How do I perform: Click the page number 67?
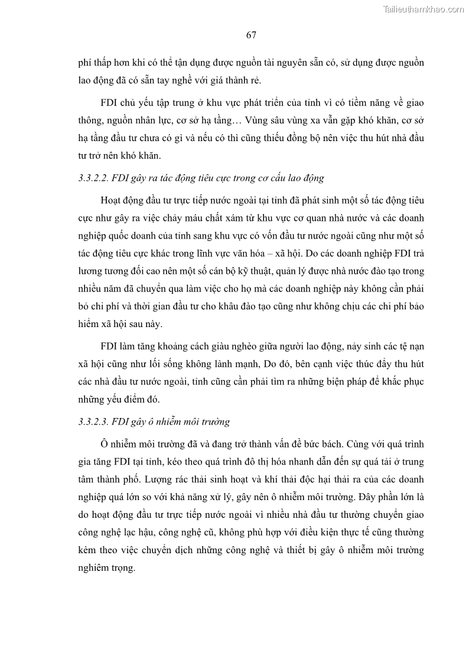(x=250, y=35)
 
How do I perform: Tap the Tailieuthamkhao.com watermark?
(x=424, y=9)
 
